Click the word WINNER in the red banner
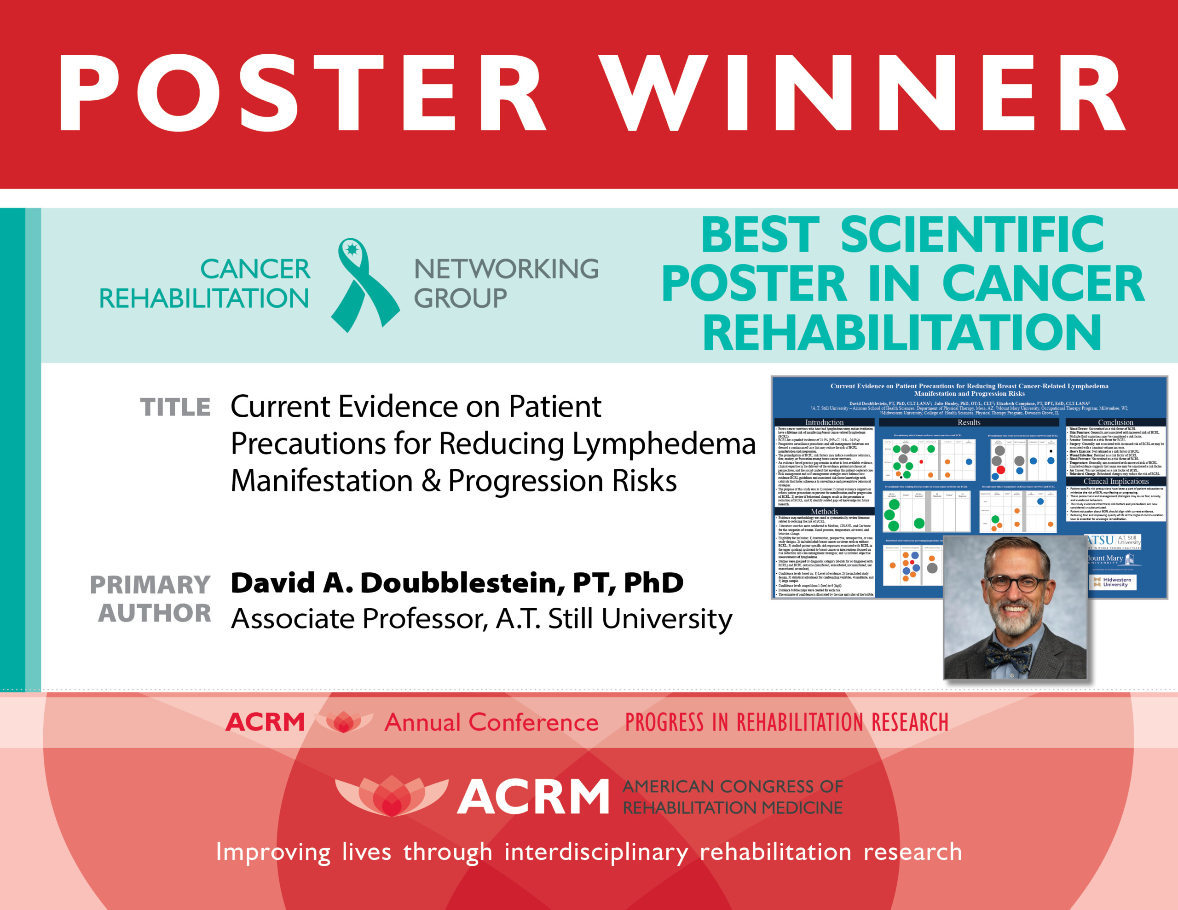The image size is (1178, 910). pos(863,93)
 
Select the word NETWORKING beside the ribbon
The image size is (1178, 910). pos(506,269)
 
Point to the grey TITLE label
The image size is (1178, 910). pos(175,407)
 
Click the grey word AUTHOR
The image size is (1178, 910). pos(155,613)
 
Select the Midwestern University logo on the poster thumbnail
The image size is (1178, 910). pos(1113,582)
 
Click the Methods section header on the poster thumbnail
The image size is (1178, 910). pos(824,512)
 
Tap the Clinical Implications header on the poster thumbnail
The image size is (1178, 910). pos(1115,481)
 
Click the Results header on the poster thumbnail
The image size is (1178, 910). pos(969,422)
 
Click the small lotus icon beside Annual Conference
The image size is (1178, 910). pos(344,722)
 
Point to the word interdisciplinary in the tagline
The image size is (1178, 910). pos(595,852)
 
